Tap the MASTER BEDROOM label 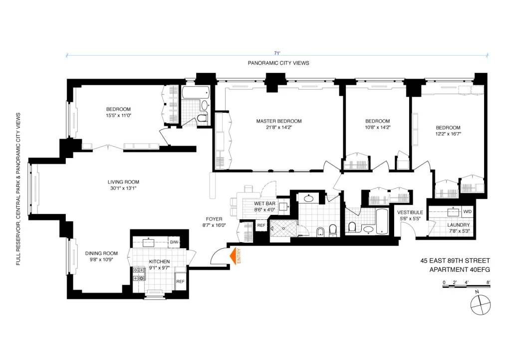279,121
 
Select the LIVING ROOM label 123,182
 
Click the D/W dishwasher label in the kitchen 174,242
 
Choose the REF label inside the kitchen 180,282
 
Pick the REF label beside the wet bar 261,225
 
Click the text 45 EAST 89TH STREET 455,261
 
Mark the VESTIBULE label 411,212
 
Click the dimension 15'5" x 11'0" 118,116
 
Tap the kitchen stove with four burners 139,274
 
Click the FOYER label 214,219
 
